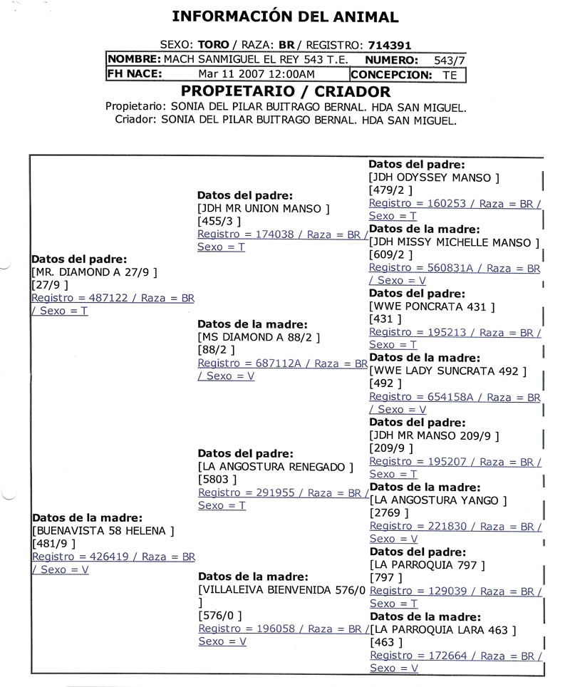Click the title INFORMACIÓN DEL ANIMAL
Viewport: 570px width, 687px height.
click(x=286, y=16)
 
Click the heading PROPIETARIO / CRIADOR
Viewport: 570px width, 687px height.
click(x=286, y=91)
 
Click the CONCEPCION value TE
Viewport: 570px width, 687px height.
click(x=450, y=74)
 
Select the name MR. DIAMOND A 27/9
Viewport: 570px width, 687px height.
click(x=94, y=272)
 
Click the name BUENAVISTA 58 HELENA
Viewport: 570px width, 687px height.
click(x=103, y=531)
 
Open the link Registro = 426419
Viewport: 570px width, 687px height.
click(x=113, y=557)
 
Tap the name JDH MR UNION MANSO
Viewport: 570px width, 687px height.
click(x=264, y=208)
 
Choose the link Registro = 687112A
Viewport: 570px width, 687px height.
click(x=282, y=363)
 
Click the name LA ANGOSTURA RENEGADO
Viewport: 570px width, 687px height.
click(x=275, y=467)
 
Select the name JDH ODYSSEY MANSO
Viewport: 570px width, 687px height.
click(x=435, y=177)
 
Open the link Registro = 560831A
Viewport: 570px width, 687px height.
click(x=455, y=268)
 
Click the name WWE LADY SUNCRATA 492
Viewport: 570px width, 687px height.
click(x=448, y=371)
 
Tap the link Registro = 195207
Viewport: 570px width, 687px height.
click(x=455, y=462)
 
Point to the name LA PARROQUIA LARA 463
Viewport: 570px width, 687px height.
click(x=444, y=630)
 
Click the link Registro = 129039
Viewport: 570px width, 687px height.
click(x=455, y=591)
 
